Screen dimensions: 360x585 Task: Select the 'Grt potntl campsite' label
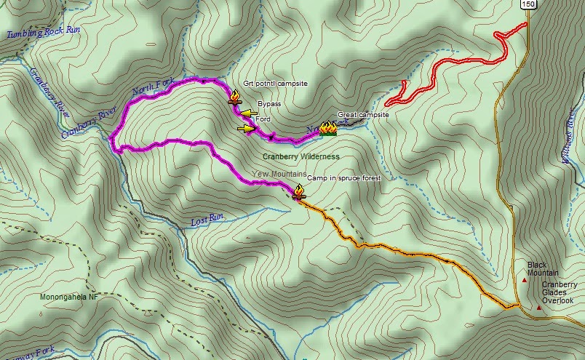276,84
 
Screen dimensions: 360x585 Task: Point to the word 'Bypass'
268,104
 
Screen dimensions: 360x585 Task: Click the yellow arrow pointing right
247,129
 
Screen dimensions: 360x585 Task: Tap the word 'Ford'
263,119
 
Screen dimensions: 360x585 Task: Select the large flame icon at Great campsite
327,129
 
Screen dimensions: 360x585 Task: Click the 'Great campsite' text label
363,115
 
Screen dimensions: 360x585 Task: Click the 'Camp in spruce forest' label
343,178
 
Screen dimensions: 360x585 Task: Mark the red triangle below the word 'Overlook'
538,308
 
